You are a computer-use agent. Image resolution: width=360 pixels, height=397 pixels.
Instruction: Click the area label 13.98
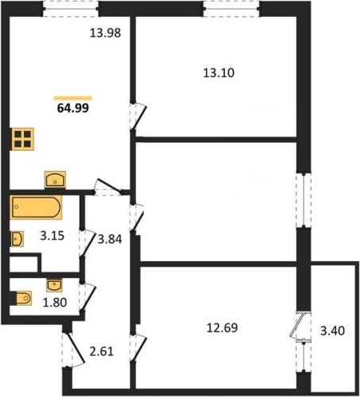105,33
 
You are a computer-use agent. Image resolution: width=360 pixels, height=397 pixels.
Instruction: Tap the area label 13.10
219,73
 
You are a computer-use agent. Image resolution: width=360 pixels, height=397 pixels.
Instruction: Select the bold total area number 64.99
73,108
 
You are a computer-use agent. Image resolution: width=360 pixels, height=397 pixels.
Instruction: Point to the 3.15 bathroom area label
52,236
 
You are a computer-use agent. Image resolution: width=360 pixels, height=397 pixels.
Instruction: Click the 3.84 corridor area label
110,239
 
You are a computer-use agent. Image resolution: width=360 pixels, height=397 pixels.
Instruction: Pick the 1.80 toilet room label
55,303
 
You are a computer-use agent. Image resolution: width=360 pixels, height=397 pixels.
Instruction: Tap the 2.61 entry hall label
102,352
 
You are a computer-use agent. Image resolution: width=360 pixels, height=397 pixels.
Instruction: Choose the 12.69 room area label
223,328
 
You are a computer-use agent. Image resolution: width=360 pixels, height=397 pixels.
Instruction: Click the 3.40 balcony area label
332,331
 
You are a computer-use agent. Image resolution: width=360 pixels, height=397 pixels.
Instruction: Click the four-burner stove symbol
22,139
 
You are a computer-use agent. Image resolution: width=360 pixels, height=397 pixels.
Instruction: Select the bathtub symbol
36,207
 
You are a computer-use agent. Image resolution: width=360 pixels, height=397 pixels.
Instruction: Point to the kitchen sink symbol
55,179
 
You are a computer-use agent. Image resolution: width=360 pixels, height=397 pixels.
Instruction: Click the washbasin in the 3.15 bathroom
17,239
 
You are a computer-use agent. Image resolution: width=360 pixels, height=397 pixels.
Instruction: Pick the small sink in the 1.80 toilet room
54,285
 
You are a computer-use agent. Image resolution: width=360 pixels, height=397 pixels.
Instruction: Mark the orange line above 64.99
73,98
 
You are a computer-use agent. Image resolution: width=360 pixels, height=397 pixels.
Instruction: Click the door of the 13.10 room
138,117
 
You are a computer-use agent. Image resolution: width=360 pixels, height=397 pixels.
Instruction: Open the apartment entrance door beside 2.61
73,349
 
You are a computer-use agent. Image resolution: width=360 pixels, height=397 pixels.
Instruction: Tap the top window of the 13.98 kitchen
71,9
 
